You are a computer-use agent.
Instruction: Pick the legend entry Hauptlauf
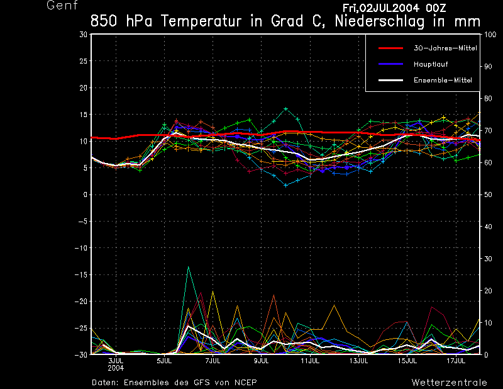click(431, 64)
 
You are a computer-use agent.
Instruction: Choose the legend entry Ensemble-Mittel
click(443, 81)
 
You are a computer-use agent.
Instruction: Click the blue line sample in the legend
click(390, 64)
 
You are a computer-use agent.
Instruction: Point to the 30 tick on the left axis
click(83, 35)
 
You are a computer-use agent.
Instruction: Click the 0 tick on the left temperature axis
click(85, 194)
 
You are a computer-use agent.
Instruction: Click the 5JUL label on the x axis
click(164, 361)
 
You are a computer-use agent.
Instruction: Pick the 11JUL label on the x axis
click(310, 361)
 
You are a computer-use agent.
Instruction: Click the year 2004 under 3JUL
click(116, 368)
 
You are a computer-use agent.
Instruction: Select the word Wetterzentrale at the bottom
click(449, 382)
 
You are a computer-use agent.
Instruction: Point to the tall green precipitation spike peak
click(188, 267)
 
